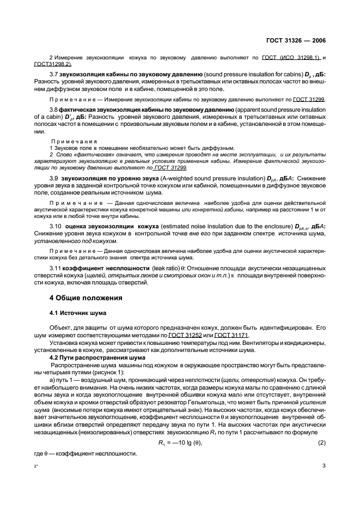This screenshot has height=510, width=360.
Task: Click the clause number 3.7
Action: (x=53, y=73)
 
